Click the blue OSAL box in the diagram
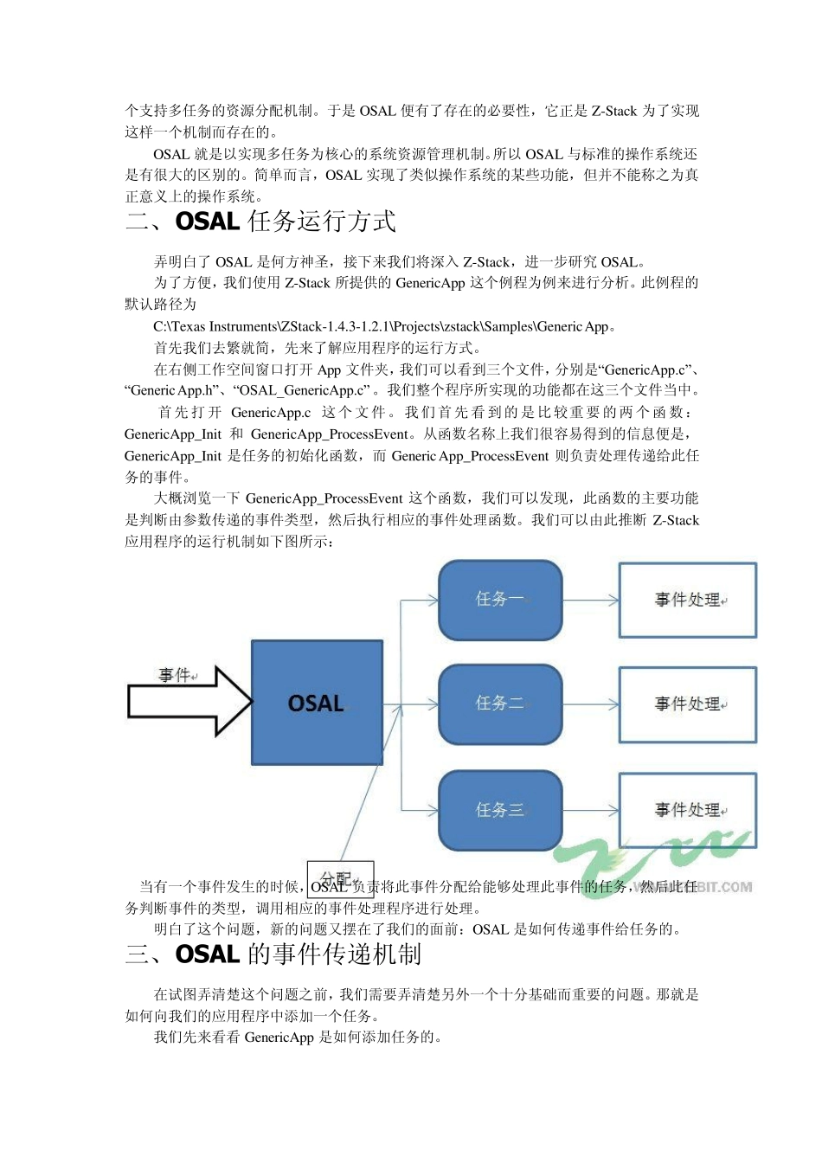(x=317, y=702)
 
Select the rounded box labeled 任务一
(x=500, y=600)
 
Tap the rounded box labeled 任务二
(x=500, y=704)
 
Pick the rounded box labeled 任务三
(x=500, y=810)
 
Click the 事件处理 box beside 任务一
(x=688, y=600)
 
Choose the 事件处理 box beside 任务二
(x=688, y=704)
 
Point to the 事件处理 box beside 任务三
(x=688, y=810)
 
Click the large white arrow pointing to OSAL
(x=189, y=701)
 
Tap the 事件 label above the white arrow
(x=176, y=675)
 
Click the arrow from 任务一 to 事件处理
(x=590, y=600)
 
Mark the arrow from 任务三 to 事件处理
(x=590, y=810)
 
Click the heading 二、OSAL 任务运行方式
(x=260, y=222)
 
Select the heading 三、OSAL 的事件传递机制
(x=273, y=954)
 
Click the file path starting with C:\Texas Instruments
(x=383, y=326)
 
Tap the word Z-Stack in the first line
(x=613, y=111)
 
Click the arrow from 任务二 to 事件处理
(x=590, y=704)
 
